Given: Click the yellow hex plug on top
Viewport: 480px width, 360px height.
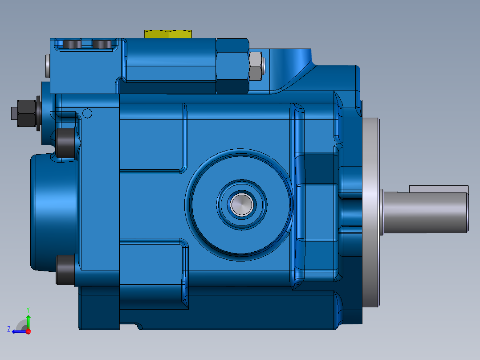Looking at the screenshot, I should point(167,34).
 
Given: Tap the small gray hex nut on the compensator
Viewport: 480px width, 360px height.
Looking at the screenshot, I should point(255,66).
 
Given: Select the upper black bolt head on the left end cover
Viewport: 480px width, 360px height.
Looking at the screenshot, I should point(65,143).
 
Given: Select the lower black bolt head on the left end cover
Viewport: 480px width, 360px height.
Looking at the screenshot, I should point(65,270).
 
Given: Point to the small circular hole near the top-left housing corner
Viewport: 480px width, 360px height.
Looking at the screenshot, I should point(88,113).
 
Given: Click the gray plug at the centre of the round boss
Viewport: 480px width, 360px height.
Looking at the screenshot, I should point(242,205).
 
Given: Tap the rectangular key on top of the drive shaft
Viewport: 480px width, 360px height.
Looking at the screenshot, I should point(439,189).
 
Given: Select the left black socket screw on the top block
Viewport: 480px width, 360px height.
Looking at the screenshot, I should point(73,45).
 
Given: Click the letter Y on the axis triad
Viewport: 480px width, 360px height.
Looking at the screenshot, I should point(28,309).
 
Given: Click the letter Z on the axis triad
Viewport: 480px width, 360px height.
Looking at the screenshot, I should point(9,329).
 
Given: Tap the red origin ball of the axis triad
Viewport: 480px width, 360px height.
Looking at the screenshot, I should point(28,331).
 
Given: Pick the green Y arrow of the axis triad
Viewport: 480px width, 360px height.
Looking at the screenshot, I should point(28,321).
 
